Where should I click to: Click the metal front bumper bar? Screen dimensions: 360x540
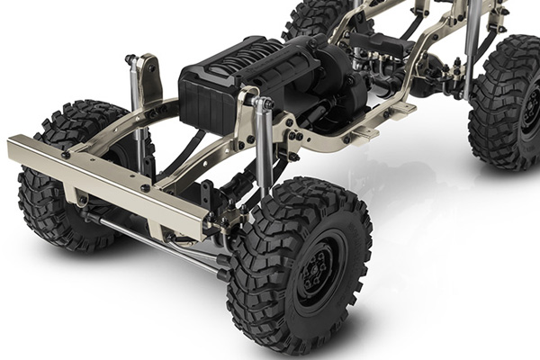point(108,179)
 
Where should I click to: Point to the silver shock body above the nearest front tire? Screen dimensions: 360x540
point(264,144)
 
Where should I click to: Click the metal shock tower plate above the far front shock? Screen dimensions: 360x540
point(148,76)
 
